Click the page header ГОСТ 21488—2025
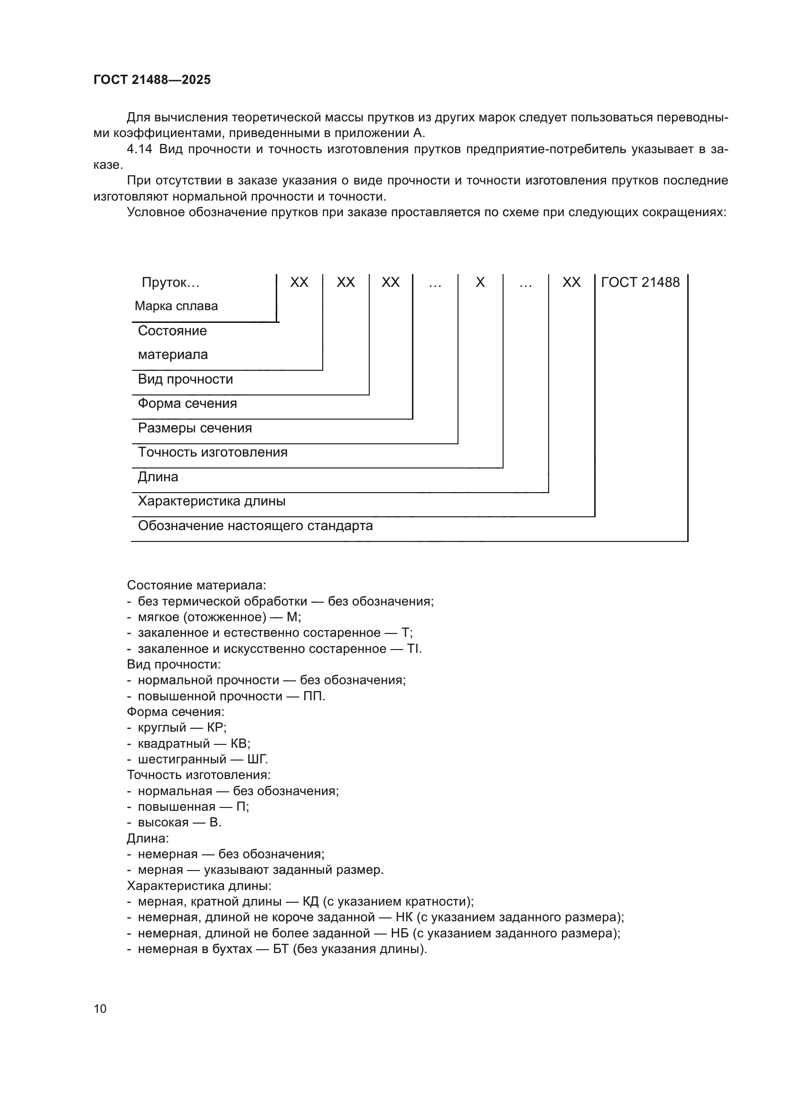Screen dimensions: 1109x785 pos(152,80)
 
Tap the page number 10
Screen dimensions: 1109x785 pos(100,1008)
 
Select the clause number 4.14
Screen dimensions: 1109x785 pos(139,149)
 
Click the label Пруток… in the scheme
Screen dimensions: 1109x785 pos(170,283)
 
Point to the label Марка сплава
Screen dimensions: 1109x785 pos(176,306)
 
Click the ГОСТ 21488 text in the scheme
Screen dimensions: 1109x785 pos(640,282)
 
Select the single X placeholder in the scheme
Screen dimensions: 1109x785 pos(479,282)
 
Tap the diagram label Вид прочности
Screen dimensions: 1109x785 pos(185,379)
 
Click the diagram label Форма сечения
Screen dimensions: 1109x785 pos(187,403)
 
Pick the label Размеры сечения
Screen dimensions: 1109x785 pos(195,428)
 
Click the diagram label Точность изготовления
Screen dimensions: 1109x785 pos(213,453)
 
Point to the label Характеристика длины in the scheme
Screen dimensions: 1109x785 pos(211,501)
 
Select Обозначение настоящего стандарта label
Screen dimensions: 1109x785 pos(255,526)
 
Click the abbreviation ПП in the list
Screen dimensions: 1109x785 pos(313,697)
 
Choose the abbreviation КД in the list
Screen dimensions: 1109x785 pos(310,902)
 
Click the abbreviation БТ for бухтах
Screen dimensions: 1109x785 pos(280,949)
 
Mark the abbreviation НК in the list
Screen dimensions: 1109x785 pos(403,917)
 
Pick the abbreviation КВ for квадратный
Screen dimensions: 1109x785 pos(239,744)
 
